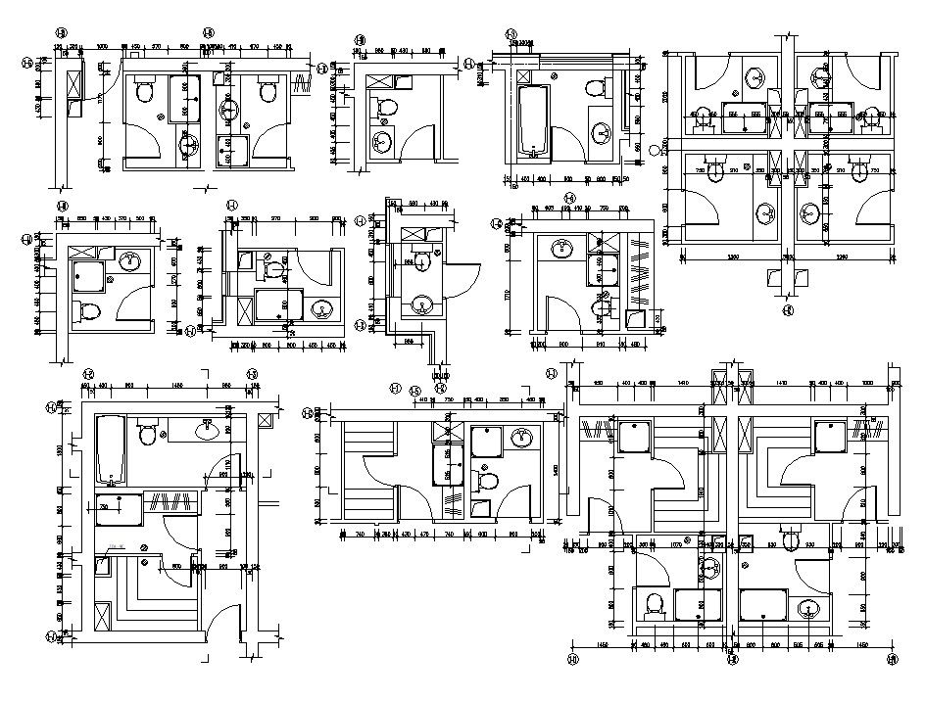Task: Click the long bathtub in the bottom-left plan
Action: point(109,449)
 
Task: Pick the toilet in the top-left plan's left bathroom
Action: point(146,93)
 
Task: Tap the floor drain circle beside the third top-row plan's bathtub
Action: point(554,75)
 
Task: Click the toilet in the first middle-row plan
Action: point(88,312)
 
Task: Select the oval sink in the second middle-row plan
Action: point(320,312)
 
